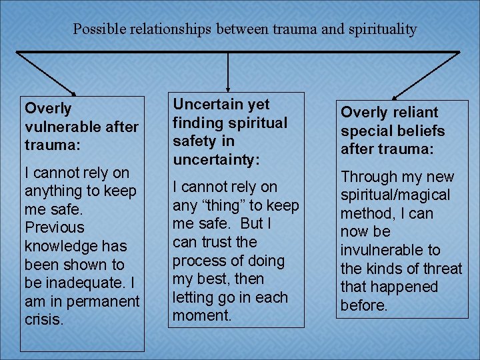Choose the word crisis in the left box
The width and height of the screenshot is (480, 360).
point(43,320)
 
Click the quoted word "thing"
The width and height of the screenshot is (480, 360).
point(227,205)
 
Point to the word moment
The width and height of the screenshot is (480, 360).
point(201,315)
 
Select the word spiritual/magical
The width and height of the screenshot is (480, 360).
point(395,195)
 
